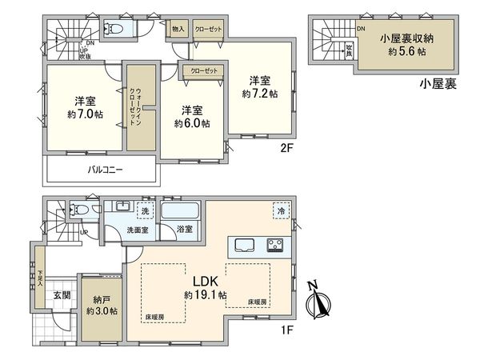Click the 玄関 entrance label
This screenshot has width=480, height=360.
62,296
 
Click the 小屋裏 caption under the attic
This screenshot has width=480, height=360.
440,84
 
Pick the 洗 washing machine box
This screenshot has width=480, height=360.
145,211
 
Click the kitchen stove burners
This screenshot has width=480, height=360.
277,245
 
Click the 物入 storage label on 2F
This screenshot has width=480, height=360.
178,29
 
